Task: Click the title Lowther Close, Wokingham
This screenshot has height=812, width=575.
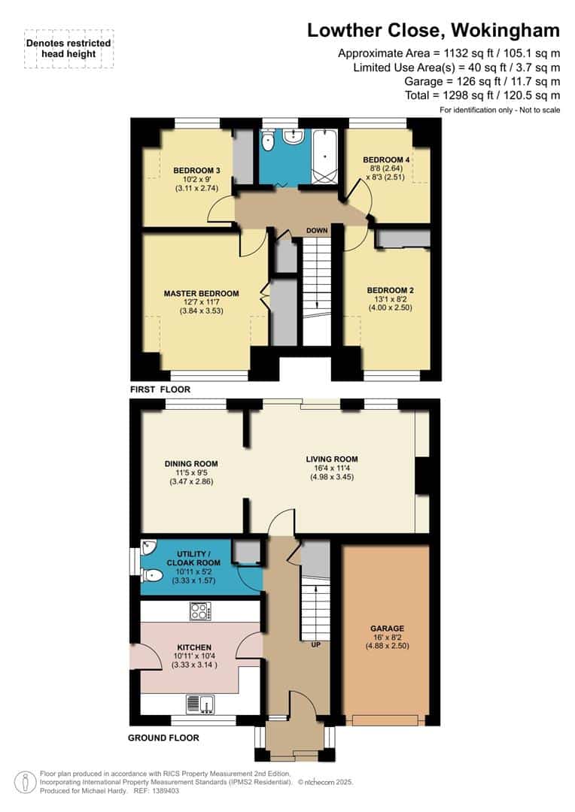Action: point(434,30)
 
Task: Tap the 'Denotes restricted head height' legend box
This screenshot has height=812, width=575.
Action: point(68,49)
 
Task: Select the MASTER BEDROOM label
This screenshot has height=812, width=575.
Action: point(202,293)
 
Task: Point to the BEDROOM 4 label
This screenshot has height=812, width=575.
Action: point(387,160)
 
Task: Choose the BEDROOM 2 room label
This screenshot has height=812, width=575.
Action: point(390,290)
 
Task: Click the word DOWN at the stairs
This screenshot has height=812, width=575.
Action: point(316,231)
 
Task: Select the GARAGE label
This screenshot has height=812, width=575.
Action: point(387,629)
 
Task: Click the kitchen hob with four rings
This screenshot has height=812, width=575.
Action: point(200,611)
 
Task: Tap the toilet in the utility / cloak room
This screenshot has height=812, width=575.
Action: point(153,576)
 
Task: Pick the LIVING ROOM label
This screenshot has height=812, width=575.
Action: point(331,459)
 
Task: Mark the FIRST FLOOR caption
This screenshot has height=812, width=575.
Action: point(160,389)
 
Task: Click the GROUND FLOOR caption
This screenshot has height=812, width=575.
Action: point(163,738)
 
